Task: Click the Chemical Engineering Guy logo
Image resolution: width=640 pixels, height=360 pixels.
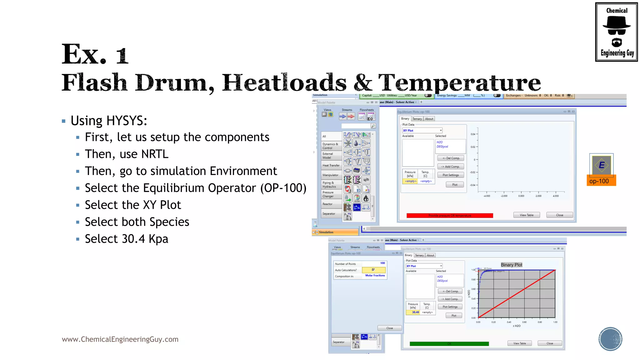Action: pyautogui.click(x=616, y=32)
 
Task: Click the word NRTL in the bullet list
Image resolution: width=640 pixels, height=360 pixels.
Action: pyautogui.click(x=155, y=154)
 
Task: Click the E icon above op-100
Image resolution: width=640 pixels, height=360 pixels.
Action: pyautogui.click(x=602, y=165)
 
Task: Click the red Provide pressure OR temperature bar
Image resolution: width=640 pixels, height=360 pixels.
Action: pyautogui.click(x=449, y=216)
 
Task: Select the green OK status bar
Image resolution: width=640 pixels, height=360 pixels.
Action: pyautogui.click(x=449, y=344)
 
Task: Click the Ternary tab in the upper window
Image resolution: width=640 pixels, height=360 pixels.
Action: pyautogui.click(x=417, y=119)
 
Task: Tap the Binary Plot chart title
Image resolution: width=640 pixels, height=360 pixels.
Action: pyautogui.click(x=511, y=265)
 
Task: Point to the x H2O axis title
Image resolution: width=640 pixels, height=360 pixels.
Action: pyautogui.click(x=517, y=326)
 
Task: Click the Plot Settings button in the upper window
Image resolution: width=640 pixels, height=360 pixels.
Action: pyautogui.click(x=451, y=175)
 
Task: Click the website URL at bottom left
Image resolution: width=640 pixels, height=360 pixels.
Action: pyautogui.click(x=120, y=339)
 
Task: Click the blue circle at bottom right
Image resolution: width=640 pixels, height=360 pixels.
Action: pyautogui.click(x=610, y=339)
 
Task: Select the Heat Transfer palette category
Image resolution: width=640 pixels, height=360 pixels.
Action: pyautogui.click(x=331, y=165)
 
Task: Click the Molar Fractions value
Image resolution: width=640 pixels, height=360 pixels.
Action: pyautogui.click(x=375, y=276)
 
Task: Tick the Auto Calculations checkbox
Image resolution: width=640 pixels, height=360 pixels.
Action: pyautogui.click(x=373, y=270)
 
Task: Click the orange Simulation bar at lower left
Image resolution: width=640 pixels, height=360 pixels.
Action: pyautogui.click(x=335, y=232)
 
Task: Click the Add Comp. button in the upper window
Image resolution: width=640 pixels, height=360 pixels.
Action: pyautogui.click(x=451, y=167)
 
